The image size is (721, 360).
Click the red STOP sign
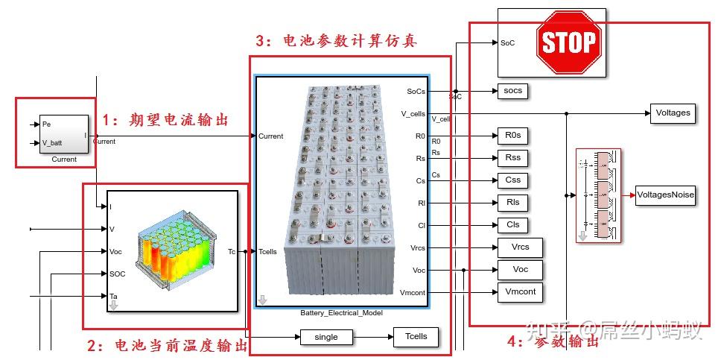tap(567, 42)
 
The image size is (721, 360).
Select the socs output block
tap(512, 91)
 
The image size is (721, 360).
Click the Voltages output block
tap(673, 113)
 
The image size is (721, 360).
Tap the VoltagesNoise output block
tap(665, 195)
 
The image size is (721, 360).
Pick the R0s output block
tap(512, 136)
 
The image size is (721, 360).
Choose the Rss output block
tap(512, 158)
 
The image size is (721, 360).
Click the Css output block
tap(512, 180)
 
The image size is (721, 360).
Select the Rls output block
tap(512, 203)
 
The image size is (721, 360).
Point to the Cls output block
tap(512, 225)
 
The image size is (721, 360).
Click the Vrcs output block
tap(519, 247)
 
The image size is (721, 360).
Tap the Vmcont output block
tap(519, 292)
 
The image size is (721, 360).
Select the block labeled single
tap(326, 337)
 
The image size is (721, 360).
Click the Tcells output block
tap(416, 337)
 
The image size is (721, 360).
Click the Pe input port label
tap(46, 124)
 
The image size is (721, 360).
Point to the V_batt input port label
tap(52, 143)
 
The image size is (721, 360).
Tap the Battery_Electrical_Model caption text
tap(341, 313)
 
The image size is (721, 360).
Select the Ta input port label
tap(114, 297)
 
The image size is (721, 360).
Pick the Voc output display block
tap(519, 270)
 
